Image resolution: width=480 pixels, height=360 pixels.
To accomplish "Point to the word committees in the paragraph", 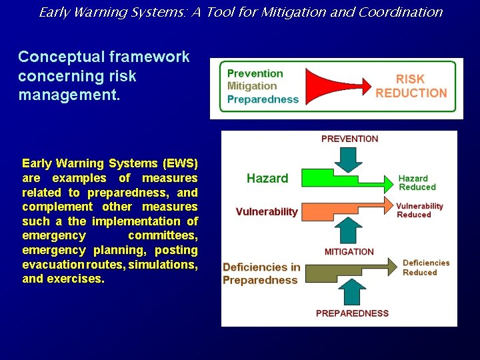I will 163,235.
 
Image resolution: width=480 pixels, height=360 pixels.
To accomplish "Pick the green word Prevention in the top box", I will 255,73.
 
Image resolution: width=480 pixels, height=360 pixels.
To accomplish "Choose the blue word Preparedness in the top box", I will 263,99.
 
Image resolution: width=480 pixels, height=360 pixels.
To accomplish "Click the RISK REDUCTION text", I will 411,86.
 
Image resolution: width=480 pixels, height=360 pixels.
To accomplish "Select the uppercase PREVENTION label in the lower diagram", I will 349,139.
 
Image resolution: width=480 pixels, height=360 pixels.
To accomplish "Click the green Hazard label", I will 267,178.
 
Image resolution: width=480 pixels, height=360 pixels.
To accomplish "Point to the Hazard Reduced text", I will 416,183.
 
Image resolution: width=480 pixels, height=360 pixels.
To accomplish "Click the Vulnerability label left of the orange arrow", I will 267,211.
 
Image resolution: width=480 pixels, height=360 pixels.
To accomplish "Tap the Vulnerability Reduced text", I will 419,210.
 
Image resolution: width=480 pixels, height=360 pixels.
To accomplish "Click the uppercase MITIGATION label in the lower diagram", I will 349,251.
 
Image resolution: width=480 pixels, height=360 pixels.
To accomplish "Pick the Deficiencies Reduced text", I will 425,267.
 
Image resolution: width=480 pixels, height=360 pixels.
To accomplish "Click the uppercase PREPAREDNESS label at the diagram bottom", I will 352,313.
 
